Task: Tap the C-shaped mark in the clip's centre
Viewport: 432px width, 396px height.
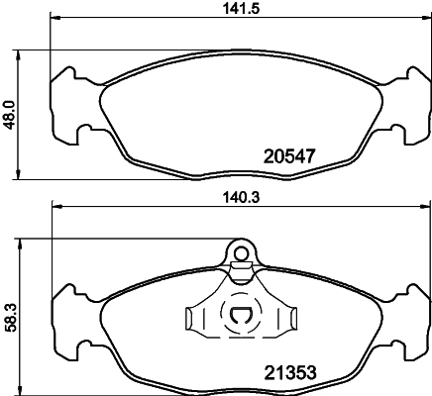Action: coord(241,317)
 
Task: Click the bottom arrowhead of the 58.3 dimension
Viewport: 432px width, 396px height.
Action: coord(20,386)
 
